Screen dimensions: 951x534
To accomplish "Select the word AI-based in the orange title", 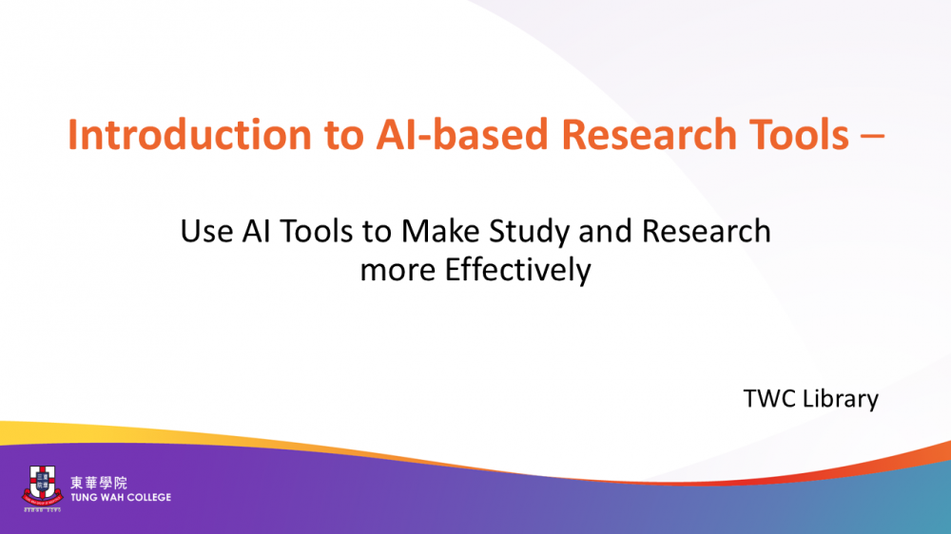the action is pos(462,134).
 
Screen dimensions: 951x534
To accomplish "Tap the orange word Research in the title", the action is pos(649,134).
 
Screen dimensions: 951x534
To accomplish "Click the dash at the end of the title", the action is pos(872,138).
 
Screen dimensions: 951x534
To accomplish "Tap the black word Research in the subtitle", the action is pos(706,231).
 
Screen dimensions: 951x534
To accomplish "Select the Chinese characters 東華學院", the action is pos(99,483).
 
